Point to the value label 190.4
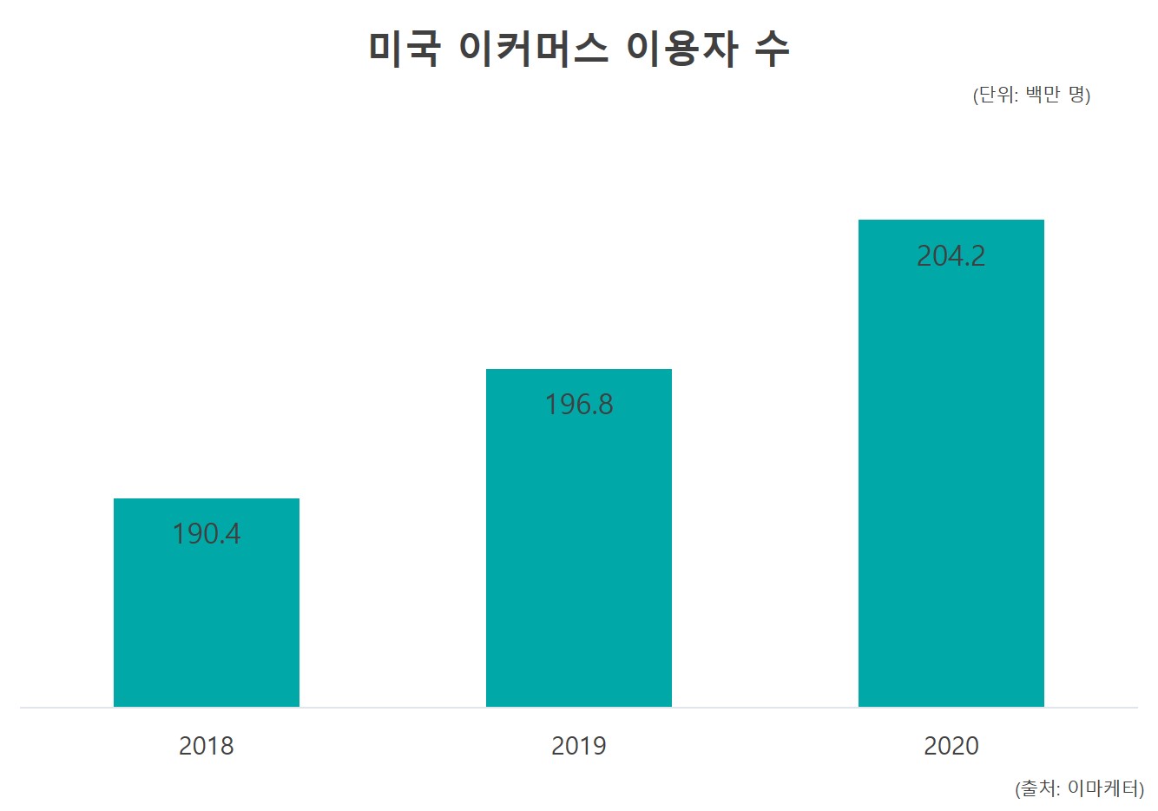tap(207, 534)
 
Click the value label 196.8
tap(579, 405)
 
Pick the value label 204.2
tap(951, 256)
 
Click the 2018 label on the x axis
tap(207, 746)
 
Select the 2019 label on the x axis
tap(579, 746)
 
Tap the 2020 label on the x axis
tap(951, 746)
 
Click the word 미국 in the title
tap(405, 49)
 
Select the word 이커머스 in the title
tap(533, 49)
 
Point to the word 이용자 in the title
tap(681, 49)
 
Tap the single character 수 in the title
tap(772, 49)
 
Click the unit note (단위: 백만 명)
tap(1031, 95)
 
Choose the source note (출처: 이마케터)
tap(1079, 788)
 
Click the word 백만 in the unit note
tap(1043, 95)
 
